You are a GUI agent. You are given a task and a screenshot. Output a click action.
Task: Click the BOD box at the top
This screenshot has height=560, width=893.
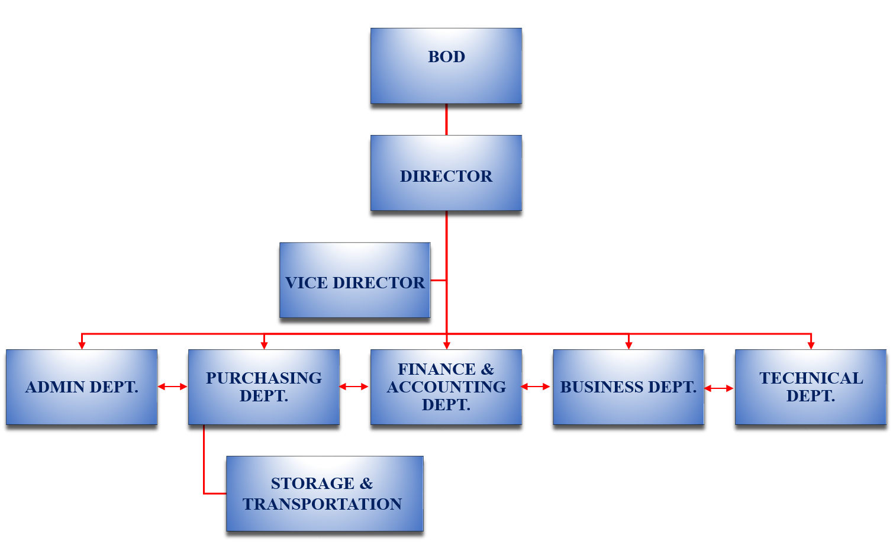point(446,66)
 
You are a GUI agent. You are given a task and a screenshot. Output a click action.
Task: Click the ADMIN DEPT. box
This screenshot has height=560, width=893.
point(82,387)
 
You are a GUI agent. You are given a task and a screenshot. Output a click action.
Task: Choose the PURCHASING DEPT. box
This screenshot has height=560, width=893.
point(264,387)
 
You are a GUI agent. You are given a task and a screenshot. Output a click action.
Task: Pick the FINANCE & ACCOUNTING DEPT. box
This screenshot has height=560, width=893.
point(446,387)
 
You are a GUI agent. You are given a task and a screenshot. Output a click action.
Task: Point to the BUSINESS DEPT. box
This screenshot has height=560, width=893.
point(628,387)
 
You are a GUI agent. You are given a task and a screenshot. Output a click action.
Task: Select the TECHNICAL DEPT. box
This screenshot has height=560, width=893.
point(811,387)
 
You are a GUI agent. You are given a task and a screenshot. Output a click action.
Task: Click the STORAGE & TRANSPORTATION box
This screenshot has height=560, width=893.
point(325,493)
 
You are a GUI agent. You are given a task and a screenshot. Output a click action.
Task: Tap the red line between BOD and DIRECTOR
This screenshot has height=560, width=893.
point(446,120)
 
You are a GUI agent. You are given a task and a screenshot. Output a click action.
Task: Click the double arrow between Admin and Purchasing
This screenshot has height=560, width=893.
point(173,387)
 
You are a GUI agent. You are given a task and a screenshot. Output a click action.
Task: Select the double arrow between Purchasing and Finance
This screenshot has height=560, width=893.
point(354,387)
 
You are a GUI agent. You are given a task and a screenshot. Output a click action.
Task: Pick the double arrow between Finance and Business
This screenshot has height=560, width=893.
point(536,387)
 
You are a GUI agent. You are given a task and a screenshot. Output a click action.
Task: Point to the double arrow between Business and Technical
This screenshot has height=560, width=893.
point(719,388)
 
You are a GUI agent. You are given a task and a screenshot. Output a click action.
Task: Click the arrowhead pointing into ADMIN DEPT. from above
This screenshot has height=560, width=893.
point(82,345)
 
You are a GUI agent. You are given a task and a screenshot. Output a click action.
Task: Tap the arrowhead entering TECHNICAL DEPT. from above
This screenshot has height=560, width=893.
point(811,345)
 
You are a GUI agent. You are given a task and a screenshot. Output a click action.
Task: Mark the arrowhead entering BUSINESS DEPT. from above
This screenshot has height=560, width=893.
point(628,345)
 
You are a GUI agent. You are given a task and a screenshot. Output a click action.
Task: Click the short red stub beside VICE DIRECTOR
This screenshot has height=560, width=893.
point(438,280)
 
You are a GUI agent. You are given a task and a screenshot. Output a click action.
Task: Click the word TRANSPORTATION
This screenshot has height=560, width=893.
point(323,504)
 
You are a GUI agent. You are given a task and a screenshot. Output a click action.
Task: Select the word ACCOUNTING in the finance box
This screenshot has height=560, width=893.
point(446,387)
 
